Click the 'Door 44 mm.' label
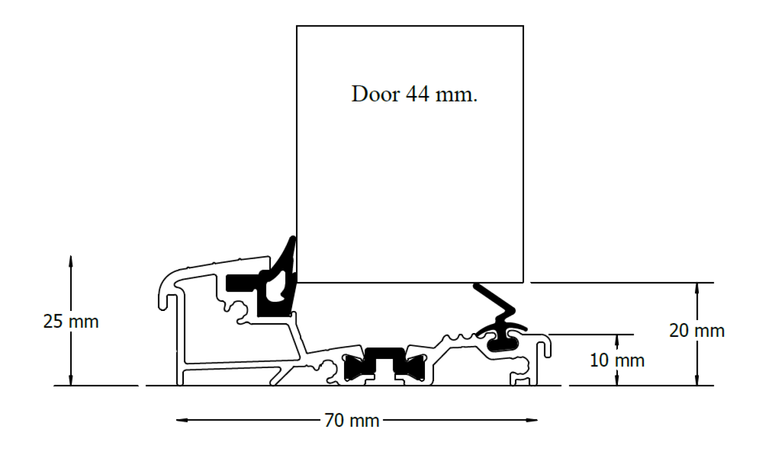tap(414, 94)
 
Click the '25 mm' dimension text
tap(71, 322)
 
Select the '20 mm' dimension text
tap(696, 331)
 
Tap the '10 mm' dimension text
tap(617, 360)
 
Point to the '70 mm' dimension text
tap(352, 421)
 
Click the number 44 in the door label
tap(417, 94)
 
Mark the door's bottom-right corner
tap(523, 282)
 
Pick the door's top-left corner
tap(297, 26)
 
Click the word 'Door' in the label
tap(375, 94)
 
